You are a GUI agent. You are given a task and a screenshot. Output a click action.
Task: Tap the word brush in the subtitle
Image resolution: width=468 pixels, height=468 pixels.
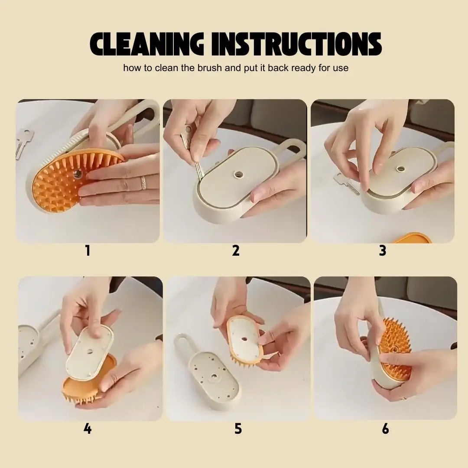click(201, 68)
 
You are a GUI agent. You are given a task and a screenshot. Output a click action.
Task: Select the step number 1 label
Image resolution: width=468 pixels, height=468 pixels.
click(88, 250)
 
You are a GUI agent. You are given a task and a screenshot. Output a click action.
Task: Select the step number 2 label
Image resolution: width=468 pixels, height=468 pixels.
click(236, 250)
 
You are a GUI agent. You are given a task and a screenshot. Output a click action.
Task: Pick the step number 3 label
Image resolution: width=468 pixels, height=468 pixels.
click(383, 250)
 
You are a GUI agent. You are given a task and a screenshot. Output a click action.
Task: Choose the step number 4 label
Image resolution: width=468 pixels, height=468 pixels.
click(88, 429)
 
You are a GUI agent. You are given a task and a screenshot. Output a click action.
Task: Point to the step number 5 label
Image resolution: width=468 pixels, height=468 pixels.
click(238, 429)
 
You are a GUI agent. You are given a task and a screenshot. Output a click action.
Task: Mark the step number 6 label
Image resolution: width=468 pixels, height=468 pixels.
click(385, 429)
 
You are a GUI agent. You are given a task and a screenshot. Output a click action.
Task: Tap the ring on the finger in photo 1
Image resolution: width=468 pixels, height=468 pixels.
click(143, 182)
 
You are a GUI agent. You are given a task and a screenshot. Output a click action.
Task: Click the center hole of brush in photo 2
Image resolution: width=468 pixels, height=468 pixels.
click(238, 174)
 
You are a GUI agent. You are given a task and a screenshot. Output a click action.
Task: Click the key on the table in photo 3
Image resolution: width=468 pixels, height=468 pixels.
click(347, 182)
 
